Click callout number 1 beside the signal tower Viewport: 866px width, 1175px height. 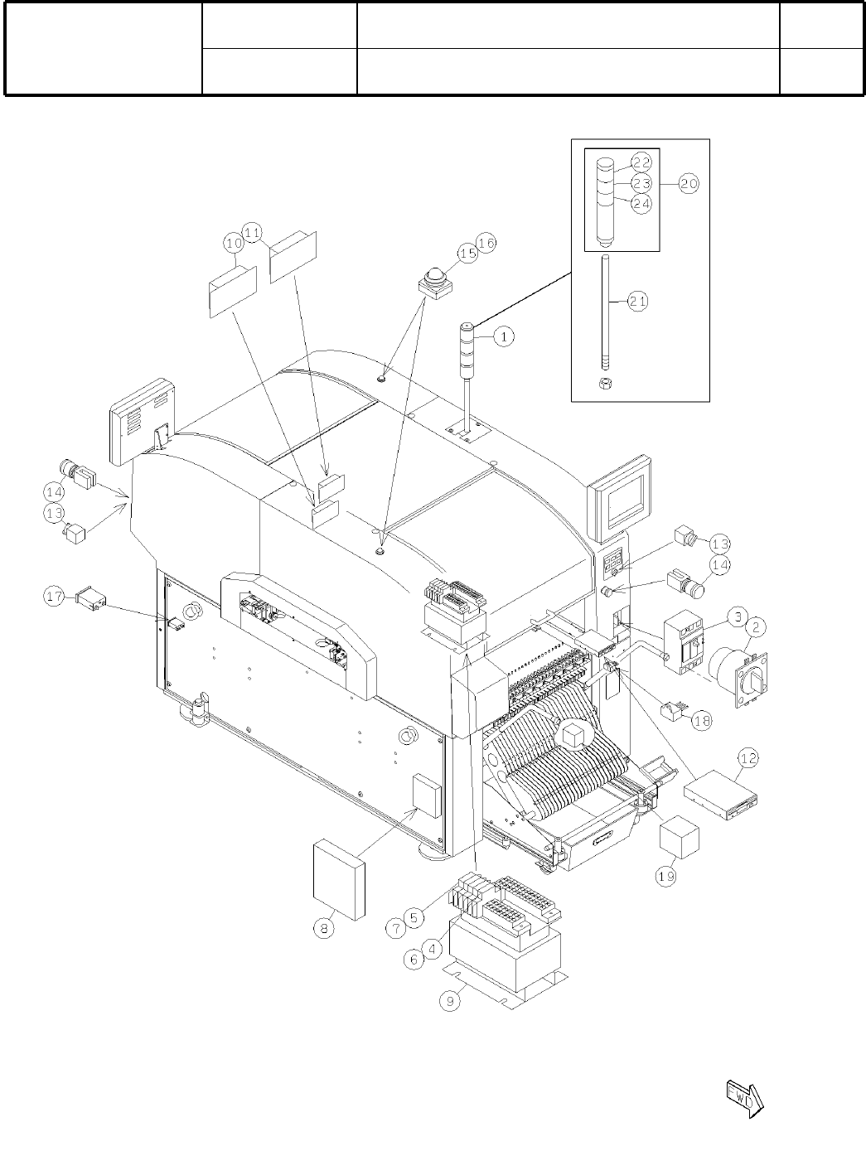tap(505, 336)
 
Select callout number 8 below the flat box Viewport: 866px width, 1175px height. tap(325, 930)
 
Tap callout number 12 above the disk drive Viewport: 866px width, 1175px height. tap(748, 757)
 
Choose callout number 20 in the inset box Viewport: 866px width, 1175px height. tap(689, 184)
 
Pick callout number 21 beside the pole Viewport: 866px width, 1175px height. tap(637, 302)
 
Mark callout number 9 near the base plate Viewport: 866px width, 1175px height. tap(450, 1001)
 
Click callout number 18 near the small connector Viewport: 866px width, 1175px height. tap(701, 720)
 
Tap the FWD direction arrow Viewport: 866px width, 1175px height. tap(744, 1098)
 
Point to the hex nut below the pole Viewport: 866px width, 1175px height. tap(605, 383)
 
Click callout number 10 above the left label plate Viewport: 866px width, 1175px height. tap(233, 242)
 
